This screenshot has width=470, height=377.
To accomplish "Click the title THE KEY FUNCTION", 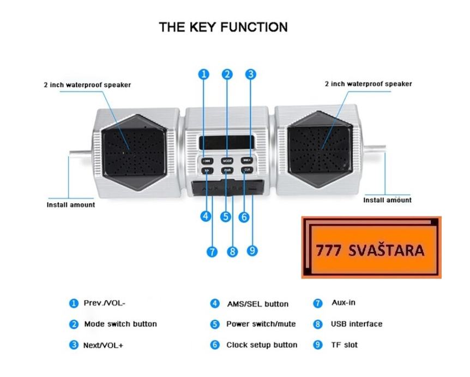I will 223,27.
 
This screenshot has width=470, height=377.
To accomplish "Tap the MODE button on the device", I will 227,161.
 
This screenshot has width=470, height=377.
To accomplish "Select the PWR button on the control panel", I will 227,170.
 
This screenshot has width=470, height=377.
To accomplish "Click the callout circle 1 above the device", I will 203,75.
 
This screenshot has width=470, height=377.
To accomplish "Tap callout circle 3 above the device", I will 250,75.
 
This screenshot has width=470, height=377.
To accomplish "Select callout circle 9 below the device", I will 252,251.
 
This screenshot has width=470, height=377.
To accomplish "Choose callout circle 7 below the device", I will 212,252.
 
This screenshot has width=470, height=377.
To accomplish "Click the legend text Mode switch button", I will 120,324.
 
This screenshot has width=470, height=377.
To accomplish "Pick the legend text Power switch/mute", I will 261,324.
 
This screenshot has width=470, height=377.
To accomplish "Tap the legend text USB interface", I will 356,324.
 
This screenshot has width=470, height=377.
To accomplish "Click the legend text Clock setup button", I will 262,345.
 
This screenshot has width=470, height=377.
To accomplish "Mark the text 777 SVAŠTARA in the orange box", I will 370,251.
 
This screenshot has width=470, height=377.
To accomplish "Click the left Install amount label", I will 69,205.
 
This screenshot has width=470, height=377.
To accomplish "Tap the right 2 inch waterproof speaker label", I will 368,84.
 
